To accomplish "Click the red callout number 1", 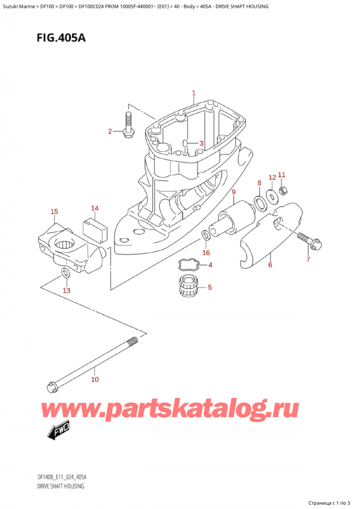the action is click(x=193, y=94).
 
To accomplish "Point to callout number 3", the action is click(x=201, y=143).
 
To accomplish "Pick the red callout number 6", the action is click(x=270, y=265).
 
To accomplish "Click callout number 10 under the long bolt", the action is click(x=95, y=379).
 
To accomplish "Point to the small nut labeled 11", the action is click(x=283, y=191).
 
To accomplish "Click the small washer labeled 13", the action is click(x=65, y=273).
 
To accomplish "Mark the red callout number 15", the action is click(x=54, y=212).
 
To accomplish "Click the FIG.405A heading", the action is click(x=61, y=38).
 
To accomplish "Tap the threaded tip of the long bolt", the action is click(x=133, y=342).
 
